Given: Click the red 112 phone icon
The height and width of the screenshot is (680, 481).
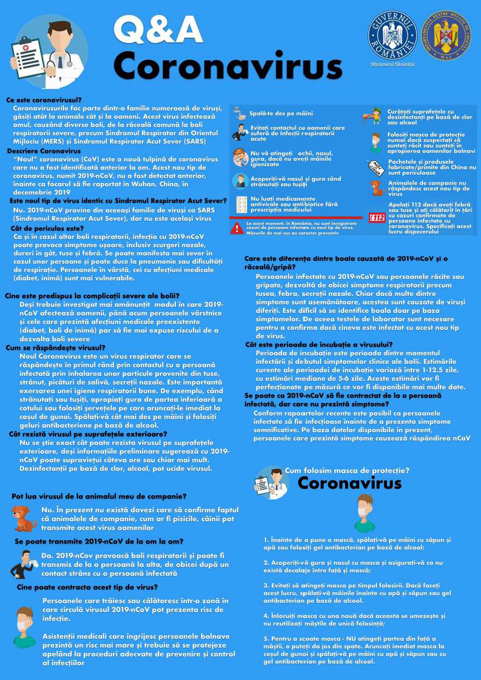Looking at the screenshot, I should [378, 218].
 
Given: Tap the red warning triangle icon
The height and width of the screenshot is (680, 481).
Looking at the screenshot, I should [237, 228].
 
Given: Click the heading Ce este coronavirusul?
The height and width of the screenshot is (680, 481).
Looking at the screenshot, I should [44, 100].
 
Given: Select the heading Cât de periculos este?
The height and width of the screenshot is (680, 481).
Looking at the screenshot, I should [47, 228].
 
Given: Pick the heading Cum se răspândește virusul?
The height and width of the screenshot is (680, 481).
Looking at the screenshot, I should [55, 347].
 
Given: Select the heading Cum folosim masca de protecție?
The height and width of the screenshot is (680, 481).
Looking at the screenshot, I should [347, 470].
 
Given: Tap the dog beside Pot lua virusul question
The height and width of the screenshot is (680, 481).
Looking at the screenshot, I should [24, 518].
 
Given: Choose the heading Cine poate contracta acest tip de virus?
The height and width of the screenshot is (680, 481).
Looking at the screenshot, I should [80, 587].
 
